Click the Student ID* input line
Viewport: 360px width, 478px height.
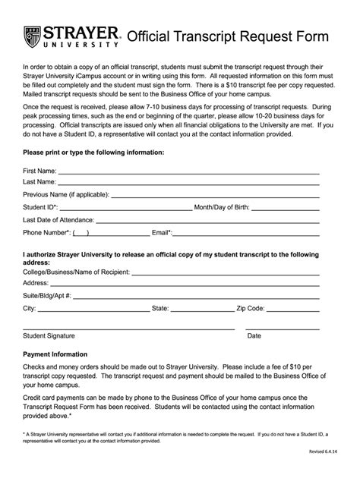[x=125, y=208]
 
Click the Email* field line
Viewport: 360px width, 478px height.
[x=246, y=234]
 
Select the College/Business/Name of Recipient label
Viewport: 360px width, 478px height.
[x=77, y=272]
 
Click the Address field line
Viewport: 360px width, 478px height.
[x=185, y=285]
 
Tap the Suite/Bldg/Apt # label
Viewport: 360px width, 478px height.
[x=47, y=296]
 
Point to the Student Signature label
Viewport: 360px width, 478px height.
[x=49, y=335]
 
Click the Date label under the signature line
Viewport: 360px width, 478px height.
[x=254, y=335]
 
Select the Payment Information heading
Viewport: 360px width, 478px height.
[x=55, y=354]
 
